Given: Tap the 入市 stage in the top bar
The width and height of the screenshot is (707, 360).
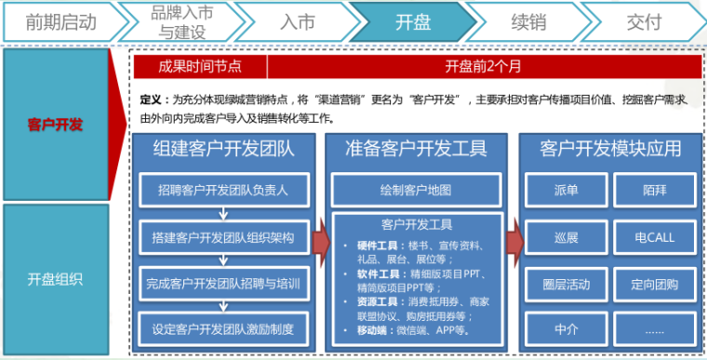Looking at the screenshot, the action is coord(296,20).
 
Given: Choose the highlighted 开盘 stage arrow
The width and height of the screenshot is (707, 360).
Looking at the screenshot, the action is coord(412,20).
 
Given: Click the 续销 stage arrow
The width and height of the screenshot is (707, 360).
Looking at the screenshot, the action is coord(527,20).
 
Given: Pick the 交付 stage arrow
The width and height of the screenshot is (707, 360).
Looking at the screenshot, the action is coord(643,20).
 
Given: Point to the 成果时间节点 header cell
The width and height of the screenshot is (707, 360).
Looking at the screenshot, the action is coord(200,66).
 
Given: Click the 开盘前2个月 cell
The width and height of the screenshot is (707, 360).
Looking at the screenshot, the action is coord(483,66).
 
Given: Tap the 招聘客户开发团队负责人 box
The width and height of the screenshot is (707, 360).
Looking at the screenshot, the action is coord(222,190).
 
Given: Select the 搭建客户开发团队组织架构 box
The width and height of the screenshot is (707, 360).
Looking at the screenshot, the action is coord(222,237).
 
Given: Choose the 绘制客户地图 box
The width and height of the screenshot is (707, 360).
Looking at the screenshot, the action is coord(415,190).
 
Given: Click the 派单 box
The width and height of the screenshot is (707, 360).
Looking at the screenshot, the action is coord(566,190).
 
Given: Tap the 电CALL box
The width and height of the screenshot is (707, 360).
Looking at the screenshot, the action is coord(654,237).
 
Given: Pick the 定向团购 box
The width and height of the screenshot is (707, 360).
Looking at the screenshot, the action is coord(654,282).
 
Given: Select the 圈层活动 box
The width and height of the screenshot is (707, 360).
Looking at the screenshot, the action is coord(566,282).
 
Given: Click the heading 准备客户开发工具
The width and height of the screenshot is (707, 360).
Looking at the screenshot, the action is coord(415,149).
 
